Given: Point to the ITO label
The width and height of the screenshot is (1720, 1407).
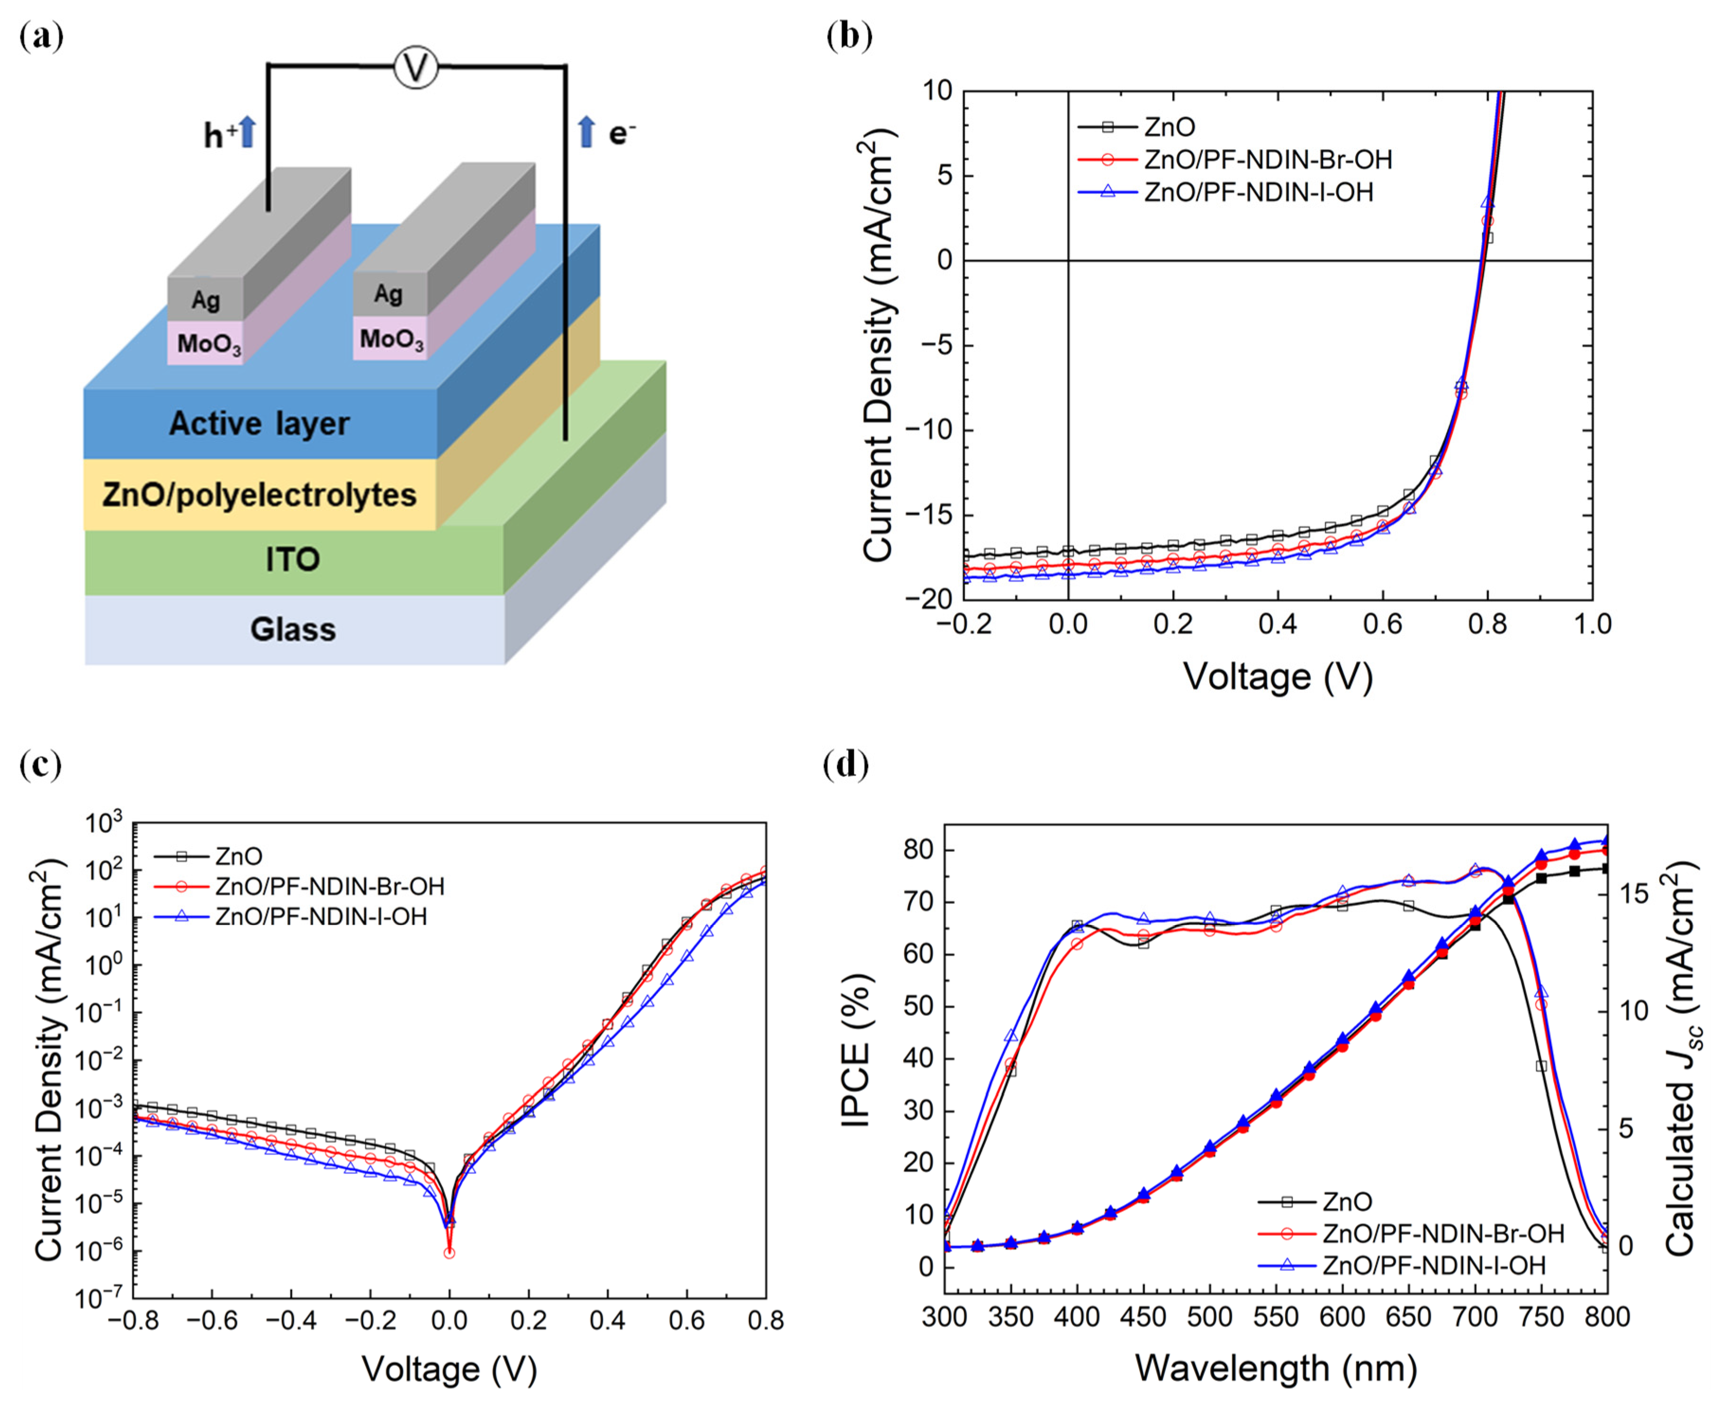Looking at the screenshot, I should coord(293,559).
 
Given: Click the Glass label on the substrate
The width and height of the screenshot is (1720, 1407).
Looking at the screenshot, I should coord(293,630).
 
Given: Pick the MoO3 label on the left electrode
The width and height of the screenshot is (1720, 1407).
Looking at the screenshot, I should coord(209,344).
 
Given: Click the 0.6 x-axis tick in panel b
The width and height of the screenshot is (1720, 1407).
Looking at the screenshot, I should coord(1383,624).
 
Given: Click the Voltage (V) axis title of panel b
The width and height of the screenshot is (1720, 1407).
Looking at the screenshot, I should coord(1278,676).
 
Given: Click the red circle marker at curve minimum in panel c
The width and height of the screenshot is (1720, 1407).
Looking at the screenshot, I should coord(449,1252).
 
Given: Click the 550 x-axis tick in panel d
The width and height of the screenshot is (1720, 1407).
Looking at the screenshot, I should coord(1276,1316).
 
